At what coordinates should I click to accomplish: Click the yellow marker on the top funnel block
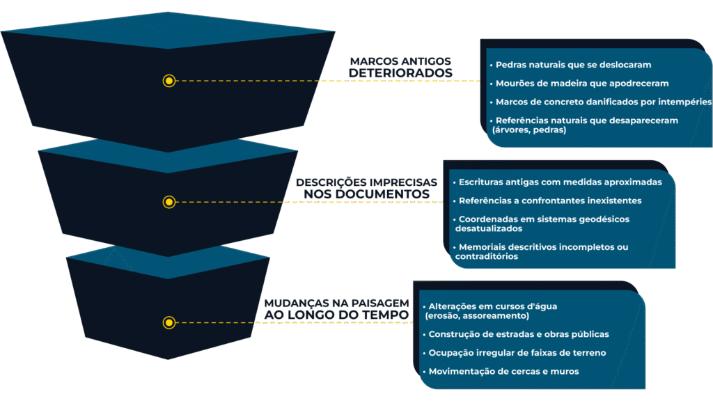(169, 81)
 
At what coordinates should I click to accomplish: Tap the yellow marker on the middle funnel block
(169, 202)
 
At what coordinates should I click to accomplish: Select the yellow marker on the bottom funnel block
(169, 322)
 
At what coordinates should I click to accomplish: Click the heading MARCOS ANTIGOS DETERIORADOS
(400, 68)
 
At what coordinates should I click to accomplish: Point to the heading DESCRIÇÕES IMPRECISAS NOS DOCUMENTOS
(367, 188)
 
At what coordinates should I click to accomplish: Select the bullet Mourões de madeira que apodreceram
(581, 84)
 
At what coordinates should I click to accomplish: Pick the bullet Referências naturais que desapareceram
(586, 125)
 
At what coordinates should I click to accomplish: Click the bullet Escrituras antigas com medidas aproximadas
(565, 182)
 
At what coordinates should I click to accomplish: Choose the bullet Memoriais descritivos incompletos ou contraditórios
(543, 251)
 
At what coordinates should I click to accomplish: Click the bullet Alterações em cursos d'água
(493, 310)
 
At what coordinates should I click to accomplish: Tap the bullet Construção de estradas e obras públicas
(519, 334)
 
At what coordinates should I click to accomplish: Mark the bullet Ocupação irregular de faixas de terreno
(517, 353)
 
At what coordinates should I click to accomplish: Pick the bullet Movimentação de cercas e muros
(503, 372)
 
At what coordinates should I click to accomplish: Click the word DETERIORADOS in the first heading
(400, 73)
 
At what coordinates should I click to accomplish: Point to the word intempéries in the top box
(685, 102)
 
